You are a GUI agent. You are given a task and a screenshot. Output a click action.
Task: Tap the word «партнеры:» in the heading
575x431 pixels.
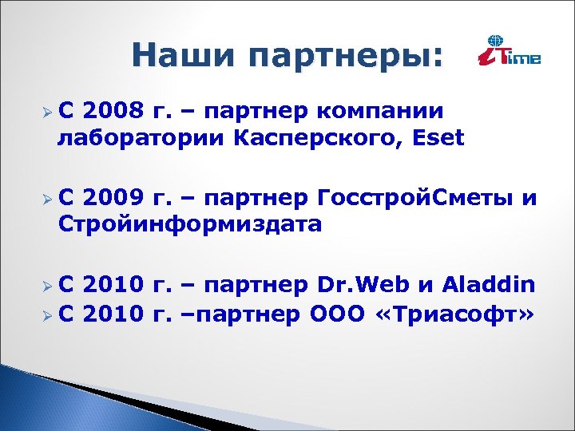tap(345, 57)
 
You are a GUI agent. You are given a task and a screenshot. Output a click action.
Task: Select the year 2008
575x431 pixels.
tap(113, 110)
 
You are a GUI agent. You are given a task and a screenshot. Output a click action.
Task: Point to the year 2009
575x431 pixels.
tap(113, 198)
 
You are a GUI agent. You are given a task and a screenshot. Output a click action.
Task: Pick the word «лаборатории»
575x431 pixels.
tap(141, 137)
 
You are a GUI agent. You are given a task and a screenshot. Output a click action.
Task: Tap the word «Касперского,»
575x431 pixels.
tap(324, 137)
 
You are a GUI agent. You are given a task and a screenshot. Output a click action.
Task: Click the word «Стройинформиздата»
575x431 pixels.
tap(190, 224)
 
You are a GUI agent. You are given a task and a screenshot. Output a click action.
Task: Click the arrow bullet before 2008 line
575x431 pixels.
tap(49, 112)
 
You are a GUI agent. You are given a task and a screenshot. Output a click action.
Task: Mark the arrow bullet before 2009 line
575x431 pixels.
tap(49, 200)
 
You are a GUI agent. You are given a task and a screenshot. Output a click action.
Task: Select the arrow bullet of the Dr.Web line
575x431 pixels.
tap(49, 287)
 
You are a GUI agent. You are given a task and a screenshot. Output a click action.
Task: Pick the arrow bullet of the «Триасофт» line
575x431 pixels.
tap(49, 314)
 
